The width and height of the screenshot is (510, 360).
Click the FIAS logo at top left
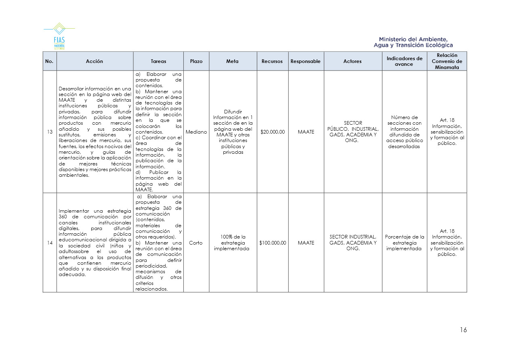click(x=59, y=36)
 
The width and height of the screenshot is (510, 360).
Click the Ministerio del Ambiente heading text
click(x=413, y=42)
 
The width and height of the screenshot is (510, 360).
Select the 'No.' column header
click(x=49, y=61)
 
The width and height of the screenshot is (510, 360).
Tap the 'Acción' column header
click(x=94, y=61)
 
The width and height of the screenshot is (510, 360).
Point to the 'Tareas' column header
click(x=158, y=61)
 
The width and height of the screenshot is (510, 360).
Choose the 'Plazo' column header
click(x=196, y=61)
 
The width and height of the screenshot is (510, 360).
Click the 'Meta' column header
click(x=233, y=61)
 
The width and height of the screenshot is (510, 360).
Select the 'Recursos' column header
click(x=272, y=61)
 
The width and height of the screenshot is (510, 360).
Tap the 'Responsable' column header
click(x=306, y=61)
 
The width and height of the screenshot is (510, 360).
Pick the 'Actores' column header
click(x=353, y=61)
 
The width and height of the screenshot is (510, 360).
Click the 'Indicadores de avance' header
click(x=404, y=61)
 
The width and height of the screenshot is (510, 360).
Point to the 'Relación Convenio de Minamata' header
click(x=447, y=61)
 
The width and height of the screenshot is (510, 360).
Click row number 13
click(x=50, y=132)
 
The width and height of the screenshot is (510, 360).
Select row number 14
click(x=50, y=243)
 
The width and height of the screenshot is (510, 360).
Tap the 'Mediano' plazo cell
click(x=196, y=132)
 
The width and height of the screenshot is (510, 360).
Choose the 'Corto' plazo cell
click(x=196, y=243)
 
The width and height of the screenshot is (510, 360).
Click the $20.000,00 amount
click(x=273, y=132)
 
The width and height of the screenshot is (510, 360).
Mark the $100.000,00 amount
click(x=273, y=243)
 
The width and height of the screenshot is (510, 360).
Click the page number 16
click(x=463, y=330)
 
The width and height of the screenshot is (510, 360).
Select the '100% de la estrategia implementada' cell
click(x=233, y=243)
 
